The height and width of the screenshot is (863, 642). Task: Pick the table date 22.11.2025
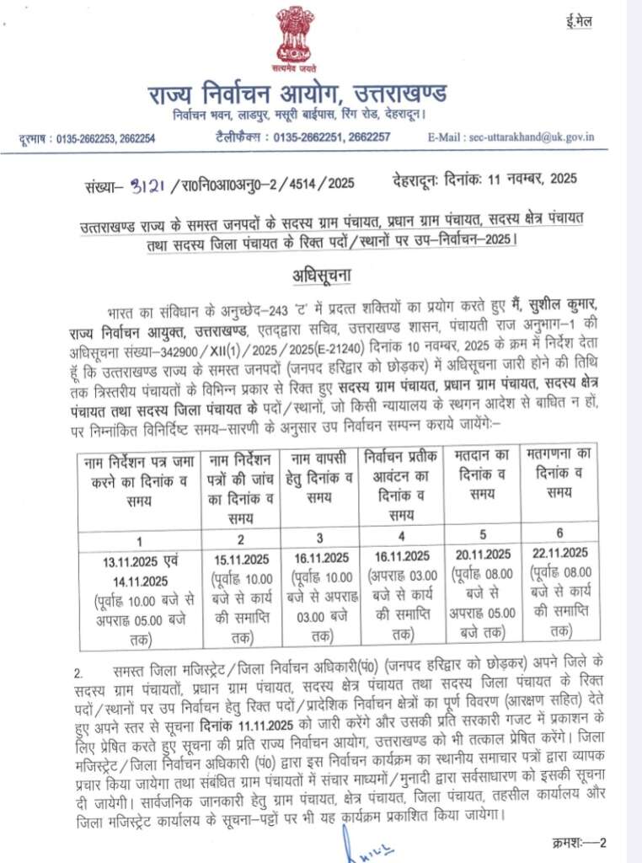click(559, 552)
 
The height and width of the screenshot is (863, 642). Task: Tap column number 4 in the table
click(401, 537)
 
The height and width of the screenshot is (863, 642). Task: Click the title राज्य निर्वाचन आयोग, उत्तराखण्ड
click(298, 91)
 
